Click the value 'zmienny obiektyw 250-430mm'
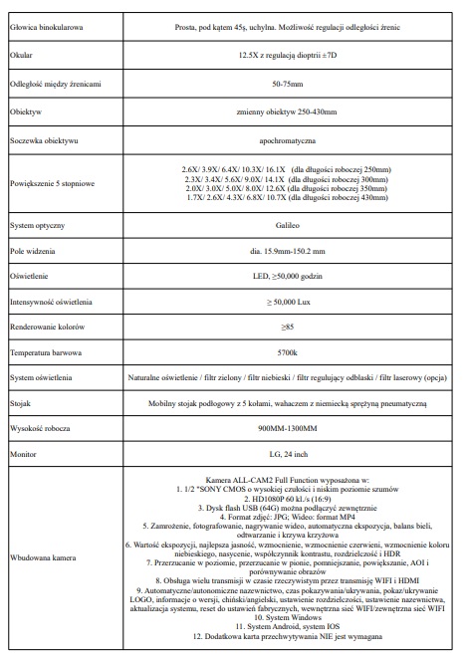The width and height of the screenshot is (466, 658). click(x=288, y=113)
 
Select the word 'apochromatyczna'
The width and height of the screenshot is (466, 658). click(x=288, y=143)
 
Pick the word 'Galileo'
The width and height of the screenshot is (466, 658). click(x=288, y=227)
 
